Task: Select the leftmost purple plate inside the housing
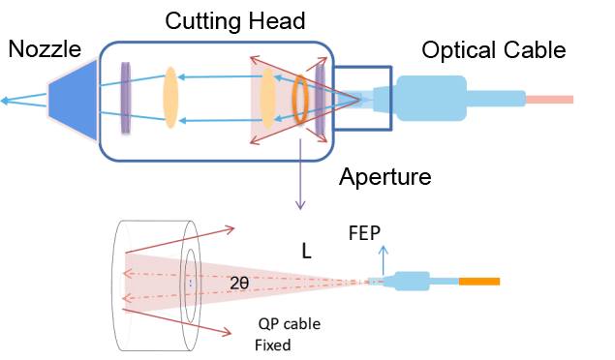pyautogui.click(x=125, y=98)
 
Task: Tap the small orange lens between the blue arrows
pyautogui.click(x=170, y=97)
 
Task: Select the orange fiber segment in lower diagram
pyautogui.click(x=479, y=282)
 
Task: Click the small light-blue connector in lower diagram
pyautogui.click(x=411, y=282)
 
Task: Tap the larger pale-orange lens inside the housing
pyautogui.click(x=267, y=98)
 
